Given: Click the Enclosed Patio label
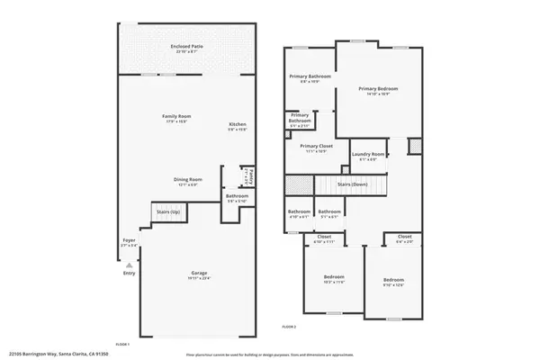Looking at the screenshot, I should pos(186,47).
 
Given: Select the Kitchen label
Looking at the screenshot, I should pos(238,124).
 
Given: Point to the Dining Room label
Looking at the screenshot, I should pos(187,179).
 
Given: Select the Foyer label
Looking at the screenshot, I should pos(129,241).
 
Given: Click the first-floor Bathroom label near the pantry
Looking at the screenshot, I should pos(237,196).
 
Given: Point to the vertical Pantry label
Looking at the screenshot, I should pos(252,175).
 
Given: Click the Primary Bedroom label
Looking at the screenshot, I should pos(378,88).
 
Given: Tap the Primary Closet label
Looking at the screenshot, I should pos(317,147).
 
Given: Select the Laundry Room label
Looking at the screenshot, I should pos(368,155).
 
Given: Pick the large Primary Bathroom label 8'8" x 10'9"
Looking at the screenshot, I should pos(310,77).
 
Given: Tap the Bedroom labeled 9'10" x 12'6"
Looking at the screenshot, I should pos(393,280).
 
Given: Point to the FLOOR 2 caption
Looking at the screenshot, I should pos(289,326).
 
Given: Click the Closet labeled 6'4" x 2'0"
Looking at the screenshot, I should pos(405,238).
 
